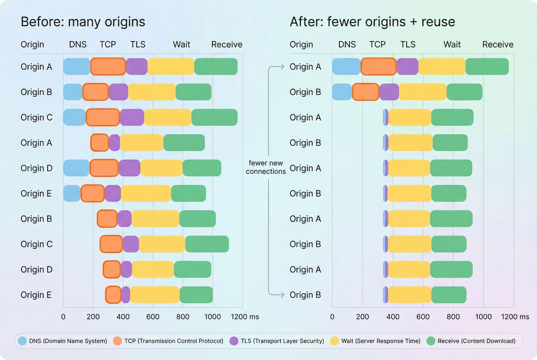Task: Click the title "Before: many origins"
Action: (x=82, y=22)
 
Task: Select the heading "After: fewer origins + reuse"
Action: (x=372, y=22)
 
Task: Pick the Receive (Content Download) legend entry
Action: (x=471, y=341)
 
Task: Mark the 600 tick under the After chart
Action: (x=423, y=317)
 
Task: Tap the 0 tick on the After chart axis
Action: (x=332, y=317)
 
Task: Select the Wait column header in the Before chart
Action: (x=181, y=45)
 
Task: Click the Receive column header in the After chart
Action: (x=497, y=45)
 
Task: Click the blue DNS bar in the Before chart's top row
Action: (x=77, y=67)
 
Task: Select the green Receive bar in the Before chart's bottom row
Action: (x=196, y=295)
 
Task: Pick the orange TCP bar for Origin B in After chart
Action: (x=366, y=92)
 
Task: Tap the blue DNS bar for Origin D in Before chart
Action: (x=76, y=168)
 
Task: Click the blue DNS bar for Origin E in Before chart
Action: (x=72, y=193)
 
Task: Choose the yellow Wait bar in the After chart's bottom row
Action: (x=410, y=295)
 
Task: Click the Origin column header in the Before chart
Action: (x=32, y=45)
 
